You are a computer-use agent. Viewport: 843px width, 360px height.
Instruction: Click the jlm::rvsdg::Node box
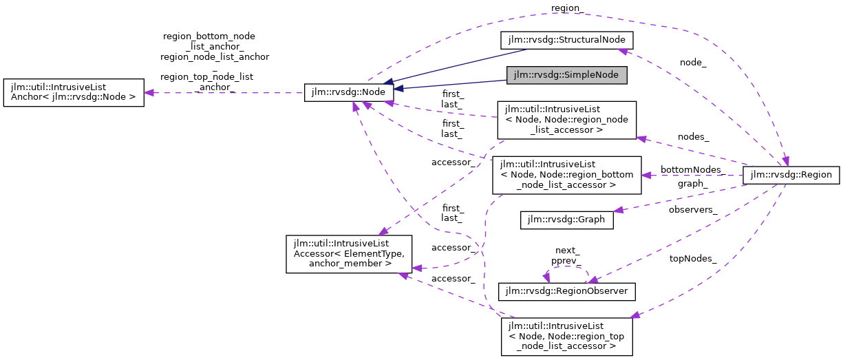(349, 92)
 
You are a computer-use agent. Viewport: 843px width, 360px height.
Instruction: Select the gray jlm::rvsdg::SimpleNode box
(566, 75)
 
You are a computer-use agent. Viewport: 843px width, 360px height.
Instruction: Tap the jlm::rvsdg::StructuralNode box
(566, 40)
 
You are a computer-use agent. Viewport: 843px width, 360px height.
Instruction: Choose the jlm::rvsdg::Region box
(791, 175)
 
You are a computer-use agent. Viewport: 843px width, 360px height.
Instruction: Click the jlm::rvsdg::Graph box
(566, 220)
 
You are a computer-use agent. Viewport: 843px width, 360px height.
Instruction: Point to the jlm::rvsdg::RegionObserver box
(566, 291)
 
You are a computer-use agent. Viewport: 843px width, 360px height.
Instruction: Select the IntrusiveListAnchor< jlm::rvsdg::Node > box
(74, 93)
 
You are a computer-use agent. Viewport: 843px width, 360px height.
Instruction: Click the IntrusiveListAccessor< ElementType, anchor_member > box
(349, 254)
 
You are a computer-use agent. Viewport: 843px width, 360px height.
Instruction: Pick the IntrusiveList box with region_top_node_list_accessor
(566, 336)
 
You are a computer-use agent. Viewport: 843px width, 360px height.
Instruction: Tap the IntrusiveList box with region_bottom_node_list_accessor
(566, 175)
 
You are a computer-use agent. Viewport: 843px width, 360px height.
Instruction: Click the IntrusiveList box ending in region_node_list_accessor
(566, 119)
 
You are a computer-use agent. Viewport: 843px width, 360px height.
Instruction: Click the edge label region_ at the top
(568, 8)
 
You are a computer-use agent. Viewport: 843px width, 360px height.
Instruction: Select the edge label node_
(693, 63)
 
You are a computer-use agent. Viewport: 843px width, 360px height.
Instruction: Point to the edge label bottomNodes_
(691, 169)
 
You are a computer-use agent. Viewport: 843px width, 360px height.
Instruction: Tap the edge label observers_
(693, 209)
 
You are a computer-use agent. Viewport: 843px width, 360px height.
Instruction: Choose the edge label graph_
(692, 184)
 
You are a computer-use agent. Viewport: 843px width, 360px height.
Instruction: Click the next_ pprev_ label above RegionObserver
(566, 256)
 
